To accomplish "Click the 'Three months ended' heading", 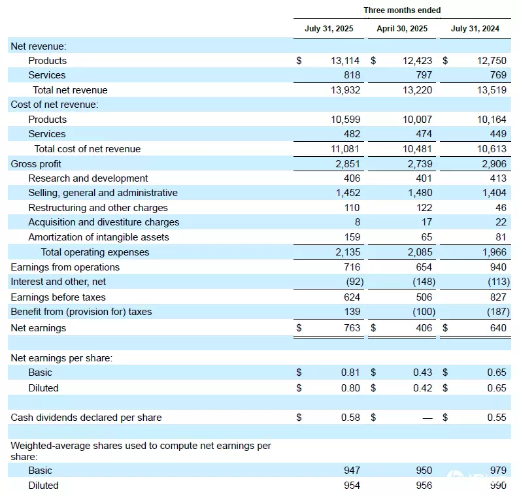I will click(x=402, y=10).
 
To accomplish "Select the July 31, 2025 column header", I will click(x=329, y=29).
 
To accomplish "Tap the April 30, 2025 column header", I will click(x=402, y=29).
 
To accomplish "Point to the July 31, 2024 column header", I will click(x=475, y=29).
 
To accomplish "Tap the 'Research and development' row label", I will click(x=88, y=178).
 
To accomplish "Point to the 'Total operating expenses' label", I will click(x=95, y=252).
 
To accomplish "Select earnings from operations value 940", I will click(x=497, y=267).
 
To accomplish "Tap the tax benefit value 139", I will click(x=352, y=312).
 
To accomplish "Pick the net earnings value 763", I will click(x=352, y=327).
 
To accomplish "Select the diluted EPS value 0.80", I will click(x=350, y=388).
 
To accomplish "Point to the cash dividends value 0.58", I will click(x=350, y=417).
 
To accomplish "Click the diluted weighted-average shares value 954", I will click(x=352, y=486).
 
